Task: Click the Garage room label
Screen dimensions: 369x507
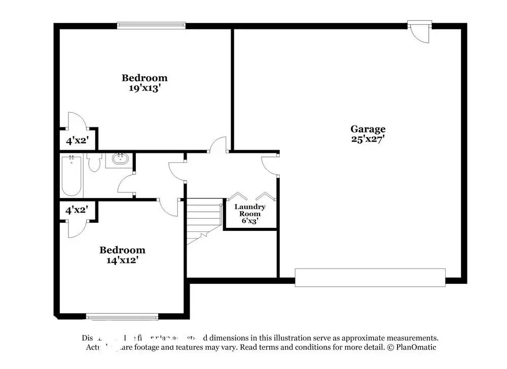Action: click(x=368, y=129)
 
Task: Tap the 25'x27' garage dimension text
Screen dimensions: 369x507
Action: click(x=368, y=139)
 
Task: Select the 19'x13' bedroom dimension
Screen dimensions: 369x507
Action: click(x=144, y=88)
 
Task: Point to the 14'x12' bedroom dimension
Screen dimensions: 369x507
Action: click(x=122, y=260)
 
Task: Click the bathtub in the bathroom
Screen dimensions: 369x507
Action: click(x=72, y=176)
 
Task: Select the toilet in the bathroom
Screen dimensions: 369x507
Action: click(x=94, y=162)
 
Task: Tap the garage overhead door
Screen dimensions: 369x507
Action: click(x=370, y=277)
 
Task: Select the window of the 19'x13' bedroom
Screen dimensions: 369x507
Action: click(x=151, y=24)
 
